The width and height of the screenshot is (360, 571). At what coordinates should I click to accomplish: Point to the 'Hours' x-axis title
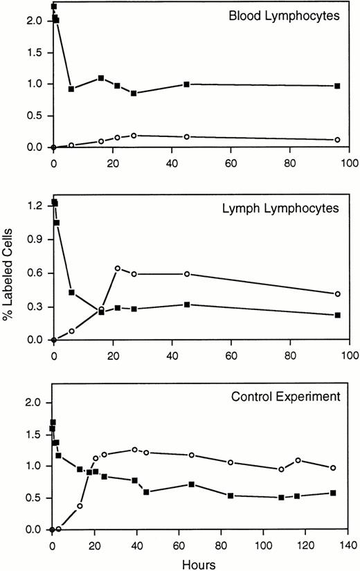pyautogui.click(x=200, y=563)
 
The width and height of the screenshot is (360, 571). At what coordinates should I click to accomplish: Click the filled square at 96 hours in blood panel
pyautogui.click(x=337, y=86)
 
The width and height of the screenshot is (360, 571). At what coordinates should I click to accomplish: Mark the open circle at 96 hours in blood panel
pyautogui.click(x=337, y=140)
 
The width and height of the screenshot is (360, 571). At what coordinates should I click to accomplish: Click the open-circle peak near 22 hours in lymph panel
pyautogui.click(x=118, y=268)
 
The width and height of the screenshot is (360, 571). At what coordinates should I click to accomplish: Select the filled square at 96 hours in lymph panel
pyautogui.click(x=337, y=315)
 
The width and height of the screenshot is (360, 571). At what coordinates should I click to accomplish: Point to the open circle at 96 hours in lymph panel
pyautogui.click(x=337, y=294)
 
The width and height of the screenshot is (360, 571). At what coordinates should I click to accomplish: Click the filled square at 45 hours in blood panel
pyautogui.click(x=186, y=84)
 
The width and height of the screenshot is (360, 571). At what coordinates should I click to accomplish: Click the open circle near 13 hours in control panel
pyautogui.click(x=80, y=506)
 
